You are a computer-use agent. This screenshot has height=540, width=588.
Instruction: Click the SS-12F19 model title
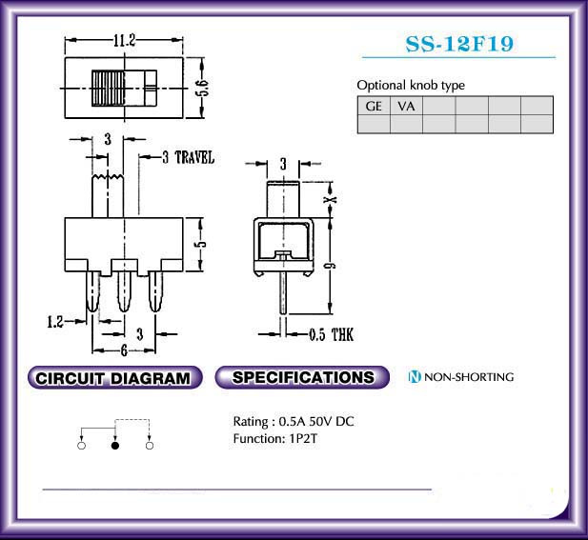459,44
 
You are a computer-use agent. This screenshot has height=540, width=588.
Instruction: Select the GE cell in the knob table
374,106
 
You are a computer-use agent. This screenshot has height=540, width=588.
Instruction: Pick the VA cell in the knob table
406,106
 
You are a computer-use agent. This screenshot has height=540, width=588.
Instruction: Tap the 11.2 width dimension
125,40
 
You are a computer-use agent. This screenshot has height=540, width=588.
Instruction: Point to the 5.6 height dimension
202,88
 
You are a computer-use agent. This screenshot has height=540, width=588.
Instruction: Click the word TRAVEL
194,157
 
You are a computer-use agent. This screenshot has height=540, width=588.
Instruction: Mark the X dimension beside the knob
330,200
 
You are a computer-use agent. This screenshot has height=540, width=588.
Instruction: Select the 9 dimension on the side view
330,266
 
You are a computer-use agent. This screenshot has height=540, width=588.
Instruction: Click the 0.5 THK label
332,334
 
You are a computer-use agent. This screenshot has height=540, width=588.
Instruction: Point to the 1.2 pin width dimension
55,322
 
